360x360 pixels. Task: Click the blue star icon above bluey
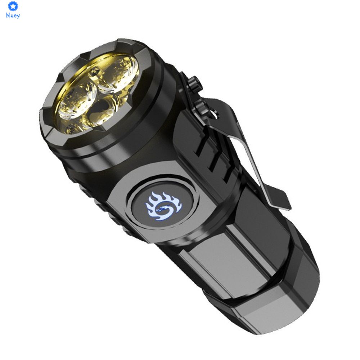(x=13, y=6)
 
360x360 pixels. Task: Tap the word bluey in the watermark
(x=13, y=16)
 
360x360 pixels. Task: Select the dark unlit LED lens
(x=103, y=108)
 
